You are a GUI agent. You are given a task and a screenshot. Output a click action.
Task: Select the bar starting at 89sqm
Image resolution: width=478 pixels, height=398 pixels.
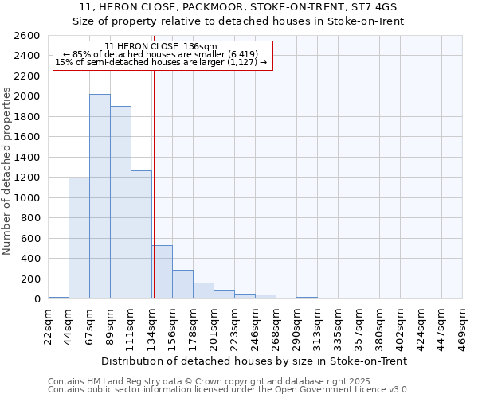(x=120, y=202)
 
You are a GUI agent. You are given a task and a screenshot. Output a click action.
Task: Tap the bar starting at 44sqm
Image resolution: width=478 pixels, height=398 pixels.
(x=79, y=238)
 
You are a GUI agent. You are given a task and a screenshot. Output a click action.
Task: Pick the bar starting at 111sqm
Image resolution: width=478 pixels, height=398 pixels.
(x=141, y=235)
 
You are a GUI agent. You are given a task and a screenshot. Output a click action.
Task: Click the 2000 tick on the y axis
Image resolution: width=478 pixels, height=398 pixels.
(x=27, y=96)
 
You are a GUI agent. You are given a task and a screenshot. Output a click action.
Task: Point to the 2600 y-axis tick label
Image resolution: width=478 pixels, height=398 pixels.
(x=27, y=36)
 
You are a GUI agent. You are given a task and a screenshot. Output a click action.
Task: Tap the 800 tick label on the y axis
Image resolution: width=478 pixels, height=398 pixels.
(x=30, y=218)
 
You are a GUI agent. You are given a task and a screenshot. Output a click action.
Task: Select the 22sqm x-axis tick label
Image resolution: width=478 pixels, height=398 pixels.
(x=48, y=325)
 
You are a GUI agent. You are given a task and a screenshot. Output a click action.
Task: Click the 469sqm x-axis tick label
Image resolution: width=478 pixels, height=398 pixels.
(x=462, y=325)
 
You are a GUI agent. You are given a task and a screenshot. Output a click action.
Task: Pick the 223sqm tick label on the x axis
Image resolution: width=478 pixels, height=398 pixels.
(x=234, y=325)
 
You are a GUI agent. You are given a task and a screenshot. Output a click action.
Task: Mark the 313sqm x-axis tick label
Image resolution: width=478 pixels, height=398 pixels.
(x=317, y=325)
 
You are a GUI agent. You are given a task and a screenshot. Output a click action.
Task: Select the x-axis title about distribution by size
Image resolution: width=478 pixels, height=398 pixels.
(x=255, y=361)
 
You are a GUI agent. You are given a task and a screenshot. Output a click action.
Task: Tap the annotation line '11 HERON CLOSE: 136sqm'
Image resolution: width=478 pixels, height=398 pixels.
(x=160, y=47)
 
